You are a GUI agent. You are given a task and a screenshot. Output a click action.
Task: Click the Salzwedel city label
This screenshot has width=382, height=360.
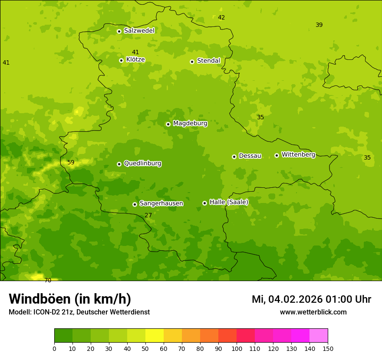(139, 31)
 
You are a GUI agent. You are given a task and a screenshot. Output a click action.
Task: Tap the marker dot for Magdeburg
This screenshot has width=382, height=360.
(168, 124)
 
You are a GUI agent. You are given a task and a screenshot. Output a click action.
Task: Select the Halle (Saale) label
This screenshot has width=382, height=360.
(229, 202)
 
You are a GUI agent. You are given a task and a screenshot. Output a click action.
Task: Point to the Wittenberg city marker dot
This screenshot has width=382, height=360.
(277, 155)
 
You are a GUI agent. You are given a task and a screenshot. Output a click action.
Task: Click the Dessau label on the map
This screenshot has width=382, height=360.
(250, 156)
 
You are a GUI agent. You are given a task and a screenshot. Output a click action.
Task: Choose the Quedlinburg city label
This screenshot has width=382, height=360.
(142, 164)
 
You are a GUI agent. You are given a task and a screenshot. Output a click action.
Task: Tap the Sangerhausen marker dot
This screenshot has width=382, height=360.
(135, 204)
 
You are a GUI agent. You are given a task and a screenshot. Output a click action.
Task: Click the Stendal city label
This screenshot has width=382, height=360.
(208, 61)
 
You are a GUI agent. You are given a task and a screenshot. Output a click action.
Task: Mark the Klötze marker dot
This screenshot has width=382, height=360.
(121, 60)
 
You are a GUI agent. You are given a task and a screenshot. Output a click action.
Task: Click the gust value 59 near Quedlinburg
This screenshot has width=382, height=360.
(71, 163)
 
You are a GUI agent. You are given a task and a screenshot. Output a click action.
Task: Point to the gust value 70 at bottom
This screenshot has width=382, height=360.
(48, 280)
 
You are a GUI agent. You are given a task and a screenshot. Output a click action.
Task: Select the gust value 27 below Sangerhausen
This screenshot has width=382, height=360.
(148, 215)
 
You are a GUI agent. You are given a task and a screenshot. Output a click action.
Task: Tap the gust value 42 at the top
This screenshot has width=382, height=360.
(221, 18)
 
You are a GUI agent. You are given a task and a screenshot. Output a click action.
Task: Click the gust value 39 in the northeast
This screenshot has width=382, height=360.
(319, 25)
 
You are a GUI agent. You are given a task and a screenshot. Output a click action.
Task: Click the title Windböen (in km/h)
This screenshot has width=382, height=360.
(70, 299)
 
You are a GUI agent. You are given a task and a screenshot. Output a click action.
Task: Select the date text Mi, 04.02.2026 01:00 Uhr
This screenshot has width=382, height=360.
(311, 299)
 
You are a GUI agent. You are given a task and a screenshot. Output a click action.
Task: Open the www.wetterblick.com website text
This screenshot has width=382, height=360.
(313, 312)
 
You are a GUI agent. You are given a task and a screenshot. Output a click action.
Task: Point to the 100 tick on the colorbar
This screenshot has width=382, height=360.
(237, 348)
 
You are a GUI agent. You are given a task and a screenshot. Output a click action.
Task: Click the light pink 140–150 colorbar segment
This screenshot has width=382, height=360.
(319, 336)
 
